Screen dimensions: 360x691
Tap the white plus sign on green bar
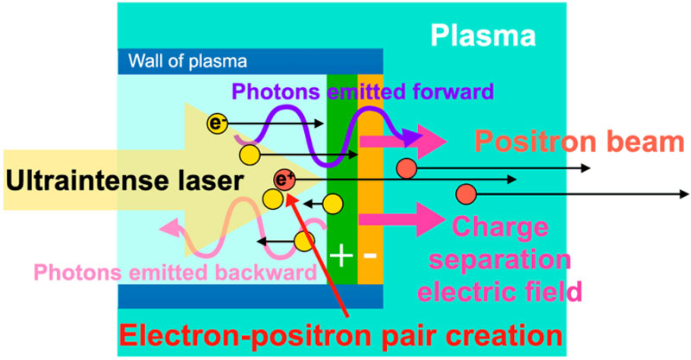pyautogui.click(x=343, y=256)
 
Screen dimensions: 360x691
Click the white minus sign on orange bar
pyautogui.click(x=369, y=256)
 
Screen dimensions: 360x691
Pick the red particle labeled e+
pyautogui.click(x=283, y=180)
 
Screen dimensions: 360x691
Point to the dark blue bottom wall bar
pyautogui.click(x=250, y=296)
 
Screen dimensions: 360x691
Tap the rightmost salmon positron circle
pyautogui.click(x=466, y=192)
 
